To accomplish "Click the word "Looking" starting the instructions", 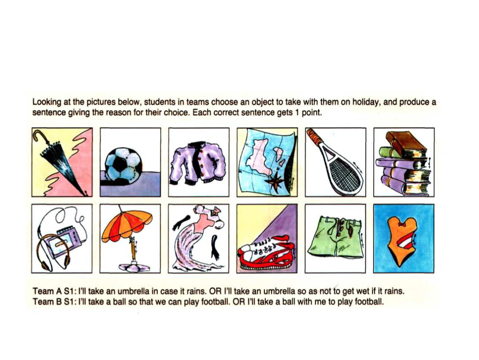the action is pyautogui.click(x=45, y=102).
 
